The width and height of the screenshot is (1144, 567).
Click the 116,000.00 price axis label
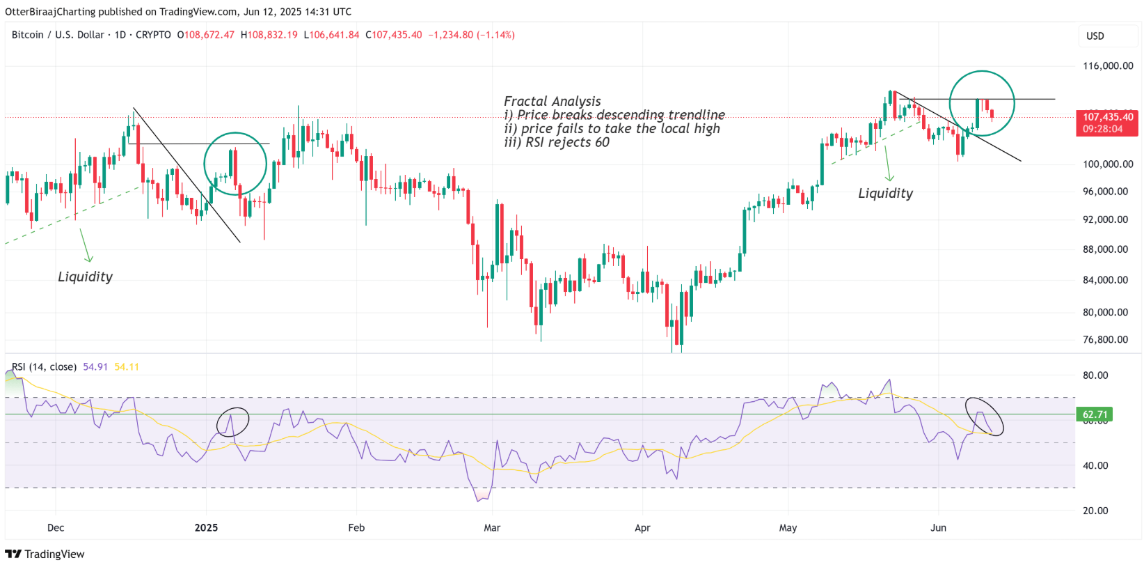point(1108,66)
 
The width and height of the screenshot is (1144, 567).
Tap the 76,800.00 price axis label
point(1105,340)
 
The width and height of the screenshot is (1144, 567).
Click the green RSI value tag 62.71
point(1095,414)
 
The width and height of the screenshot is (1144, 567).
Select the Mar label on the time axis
point(492,528)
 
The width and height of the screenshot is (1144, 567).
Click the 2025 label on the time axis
point(206,528)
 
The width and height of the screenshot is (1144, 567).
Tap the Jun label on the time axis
point(938,528)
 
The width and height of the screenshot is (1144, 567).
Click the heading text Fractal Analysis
point(552,102)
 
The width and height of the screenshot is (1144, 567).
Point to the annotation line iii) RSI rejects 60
point(556,143)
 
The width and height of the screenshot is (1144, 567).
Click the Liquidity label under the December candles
point(85,277)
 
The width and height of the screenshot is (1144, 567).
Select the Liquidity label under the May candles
point(885,194)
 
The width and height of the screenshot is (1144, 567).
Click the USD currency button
point(1095,36)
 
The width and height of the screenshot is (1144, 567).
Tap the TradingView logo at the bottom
point(45,554)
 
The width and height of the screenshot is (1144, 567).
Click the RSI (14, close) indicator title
point(44,367)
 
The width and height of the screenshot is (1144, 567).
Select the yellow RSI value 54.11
point(127,367)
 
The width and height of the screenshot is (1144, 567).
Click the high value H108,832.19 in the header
point(269,35)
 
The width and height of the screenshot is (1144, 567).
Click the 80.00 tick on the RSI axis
point(1095,375)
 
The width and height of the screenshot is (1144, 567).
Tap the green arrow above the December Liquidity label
point(86,245)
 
